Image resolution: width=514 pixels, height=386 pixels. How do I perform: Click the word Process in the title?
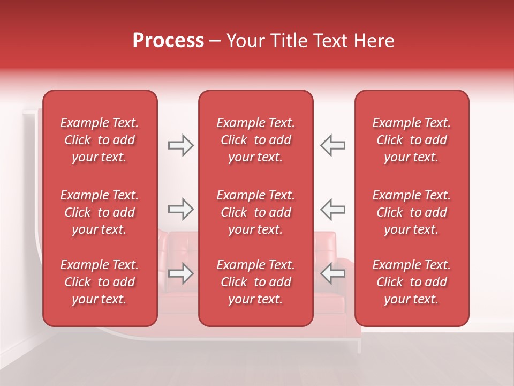168,41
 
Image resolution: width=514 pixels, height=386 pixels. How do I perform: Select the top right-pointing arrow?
180,145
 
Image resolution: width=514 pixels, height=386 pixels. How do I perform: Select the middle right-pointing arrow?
180,209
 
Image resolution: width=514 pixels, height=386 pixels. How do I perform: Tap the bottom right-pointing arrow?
180,273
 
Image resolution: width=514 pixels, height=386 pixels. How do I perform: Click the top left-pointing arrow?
333,145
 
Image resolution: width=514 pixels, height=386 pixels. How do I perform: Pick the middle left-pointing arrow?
333,209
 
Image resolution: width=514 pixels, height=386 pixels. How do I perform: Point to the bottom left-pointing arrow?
333,273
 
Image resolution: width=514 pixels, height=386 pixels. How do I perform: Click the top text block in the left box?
100,140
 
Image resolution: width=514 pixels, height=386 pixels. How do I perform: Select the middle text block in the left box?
100,212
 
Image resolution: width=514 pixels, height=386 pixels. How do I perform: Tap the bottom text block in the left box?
100,282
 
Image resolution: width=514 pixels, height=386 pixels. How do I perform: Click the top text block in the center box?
255,140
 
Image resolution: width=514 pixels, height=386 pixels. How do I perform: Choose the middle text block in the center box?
255,212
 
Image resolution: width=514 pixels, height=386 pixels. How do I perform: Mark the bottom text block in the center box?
255,282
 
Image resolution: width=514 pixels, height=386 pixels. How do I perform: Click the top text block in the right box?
411,140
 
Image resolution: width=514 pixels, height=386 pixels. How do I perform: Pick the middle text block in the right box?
411,212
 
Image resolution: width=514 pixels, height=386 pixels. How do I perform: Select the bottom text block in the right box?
411,282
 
